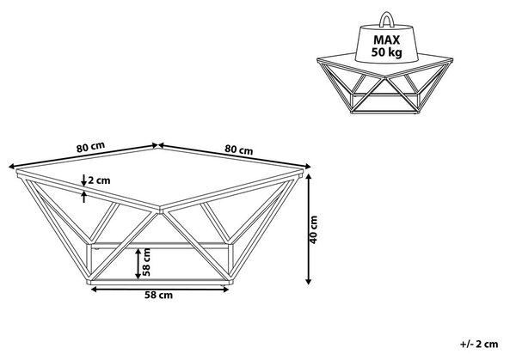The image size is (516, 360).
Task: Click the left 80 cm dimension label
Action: click(90, 147)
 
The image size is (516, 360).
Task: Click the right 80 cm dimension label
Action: click(239, 149)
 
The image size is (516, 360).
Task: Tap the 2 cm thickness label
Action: click(100, 180)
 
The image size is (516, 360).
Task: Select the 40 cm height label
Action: click(314, 229)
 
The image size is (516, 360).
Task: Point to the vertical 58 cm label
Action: click(147, 262)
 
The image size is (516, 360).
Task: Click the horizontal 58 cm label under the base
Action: click(158, 296)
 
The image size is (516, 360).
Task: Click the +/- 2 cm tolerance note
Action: click(479, 345)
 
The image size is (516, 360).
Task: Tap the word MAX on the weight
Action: click(387, 40)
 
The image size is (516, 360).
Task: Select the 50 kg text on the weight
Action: click(387, 52)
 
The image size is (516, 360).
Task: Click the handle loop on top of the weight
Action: click(387, 19)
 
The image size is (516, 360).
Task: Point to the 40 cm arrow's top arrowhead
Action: click(309, 176)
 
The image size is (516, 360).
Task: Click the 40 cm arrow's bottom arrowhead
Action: click(309, 281)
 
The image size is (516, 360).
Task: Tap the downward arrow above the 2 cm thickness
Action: click(84, 180)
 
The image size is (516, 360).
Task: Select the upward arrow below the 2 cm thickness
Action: click(84, 197)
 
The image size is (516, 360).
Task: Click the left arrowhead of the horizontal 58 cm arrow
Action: click(94, 290)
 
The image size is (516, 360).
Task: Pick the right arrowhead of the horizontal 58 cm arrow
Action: click(225, 290)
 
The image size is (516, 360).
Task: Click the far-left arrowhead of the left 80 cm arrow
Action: click(11, 167)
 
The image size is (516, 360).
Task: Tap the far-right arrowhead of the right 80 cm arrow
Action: click(308, 167)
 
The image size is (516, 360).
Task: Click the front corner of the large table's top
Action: click(160, 209)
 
